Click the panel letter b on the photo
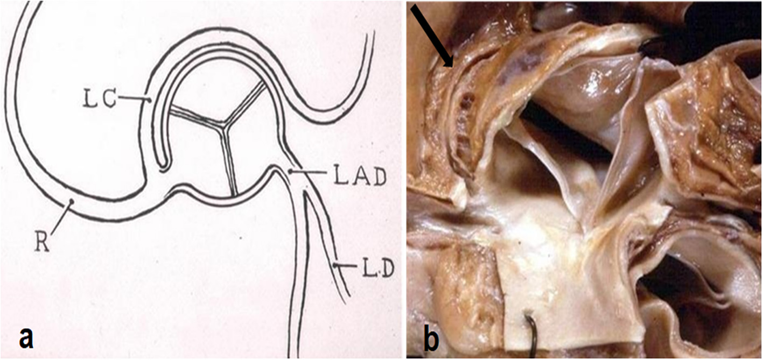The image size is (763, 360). [431, 340]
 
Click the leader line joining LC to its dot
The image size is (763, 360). [132, 98]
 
